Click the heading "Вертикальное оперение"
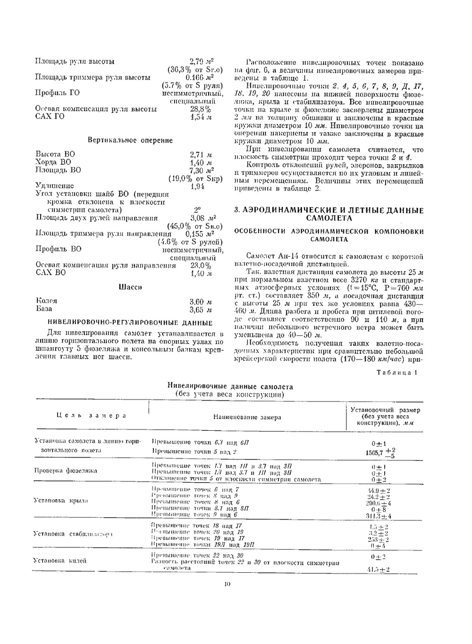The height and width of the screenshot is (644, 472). [x=130, y=141]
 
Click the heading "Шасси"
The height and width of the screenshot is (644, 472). [x=130, y=287]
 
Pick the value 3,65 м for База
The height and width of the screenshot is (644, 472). [x=201, y=310]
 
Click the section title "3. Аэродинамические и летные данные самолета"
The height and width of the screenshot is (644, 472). [x=329, y=214]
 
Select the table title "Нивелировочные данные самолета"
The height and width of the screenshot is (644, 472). [x=230, y=387]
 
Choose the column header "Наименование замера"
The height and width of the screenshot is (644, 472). [x=247, y=417]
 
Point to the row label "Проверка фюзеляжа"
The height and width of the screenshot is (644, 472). [x=66, y=471]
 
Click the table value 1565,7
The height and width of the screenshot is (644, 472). [x=375, y=453]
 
